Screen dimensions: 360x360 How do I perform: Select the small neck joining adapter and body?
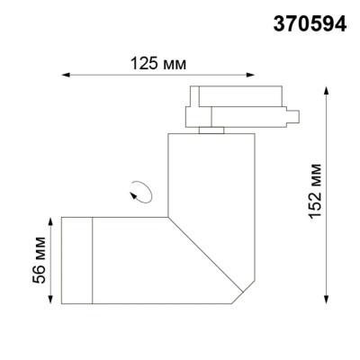point(212,131)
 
